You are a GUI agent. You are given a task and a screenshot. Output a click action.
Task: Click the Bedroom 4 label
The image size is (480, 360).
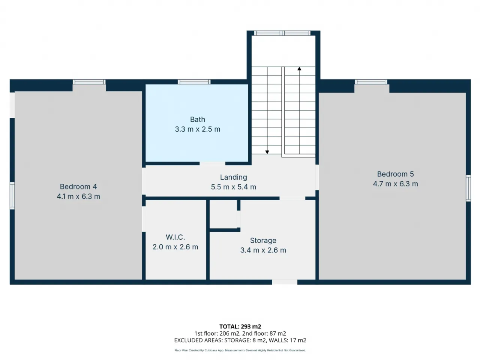pyautogui.click(x=78, y=186)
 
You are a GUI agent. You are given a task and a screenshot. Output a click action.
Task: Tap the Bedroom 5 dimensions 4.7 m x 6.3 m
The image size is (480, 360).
pyautogui.click(x=395, y=184)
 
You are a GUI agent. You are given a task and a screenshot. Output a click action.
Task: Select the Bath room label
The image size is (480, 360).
pyautogui.click(x=198, y=119)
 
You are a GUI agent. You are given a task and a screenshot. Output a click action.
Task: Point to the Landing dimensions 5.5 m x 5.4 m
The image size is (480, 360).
pyautogui.click(x=234, y=187)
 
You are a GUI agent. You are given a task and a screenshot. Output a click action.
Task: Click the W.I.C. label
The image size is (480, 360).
pyautogui.click(x=175, y=237)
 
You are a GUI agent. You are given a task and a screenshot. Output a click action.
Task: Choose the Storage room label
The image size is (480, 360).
pyautogui.click(x=263, y=240)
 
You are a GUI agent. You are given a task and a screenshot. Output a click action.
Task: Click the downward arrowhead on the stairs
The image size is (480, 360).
pyautogui.click(x=267, y=152)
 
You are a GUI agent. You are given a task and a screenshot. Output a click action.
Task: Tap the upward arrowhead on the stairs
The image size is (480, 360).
pyautogui.click(x=299, y=69)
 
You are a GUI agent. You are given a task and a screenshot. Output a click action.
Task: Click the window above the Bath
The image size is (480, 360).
pyautogui.click(x=194, y=82)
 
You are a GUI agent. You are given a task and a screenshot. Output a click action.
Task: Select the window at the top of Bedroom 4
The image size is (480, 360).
pyautogui.click(x=89, y=82)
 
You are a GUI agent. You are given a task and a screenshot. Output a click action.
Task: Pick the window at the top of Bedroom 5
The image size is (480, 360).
pyautogui.click(x=371, y=82)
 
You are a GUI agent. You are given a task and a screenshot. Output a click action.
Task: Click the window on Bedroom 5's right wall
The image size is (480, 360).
pyautogui.click(x=468, y=188)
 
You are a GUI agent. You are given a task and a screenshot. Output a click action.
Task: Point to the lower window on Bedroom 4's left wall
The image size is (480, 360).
pyautogui.click(x=12, y=196)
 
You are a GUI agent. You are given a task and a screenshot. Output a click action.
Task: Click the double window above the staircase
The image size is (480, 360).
pyautogui.click(x=282, y=33)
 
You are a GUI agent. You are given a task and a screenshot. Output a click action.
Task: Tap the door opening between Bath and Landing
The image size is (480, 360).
pyautogui.click(x=212, y=163)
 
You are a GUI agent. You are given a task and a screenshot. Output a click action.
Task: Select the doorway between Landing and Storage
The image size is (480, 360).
pyautogui.click(x=292, y=198)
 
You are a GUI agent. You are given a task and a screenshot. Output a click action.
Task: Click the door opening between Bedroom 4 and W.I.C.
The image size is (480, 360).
pyautogui.click(x=144, y=219)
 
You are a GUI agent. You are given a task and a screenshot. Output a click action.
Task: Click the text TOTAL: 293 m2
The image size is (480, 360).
pyautogui.click(x=240, y=327)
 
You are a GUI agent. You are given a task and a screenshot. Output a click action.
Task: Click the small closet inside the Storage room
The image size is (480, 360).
pyautogui.click(x=223, y=214)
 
